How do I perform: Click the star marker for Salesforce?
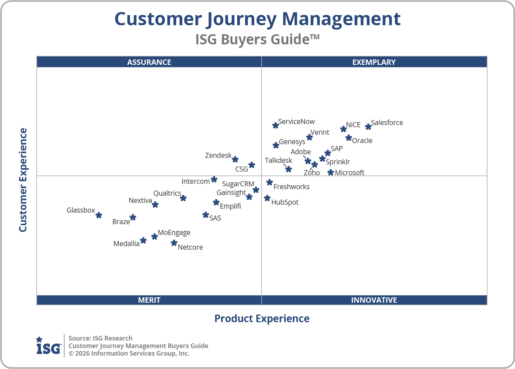tap(368, 127)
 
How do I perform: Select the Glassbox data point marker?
tap(99, 215)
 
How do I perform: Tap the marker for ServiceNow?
tap(276, 125)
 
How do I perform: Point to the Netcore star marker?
tap(174, 243)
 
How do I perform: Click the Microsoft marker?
tap(331, 173)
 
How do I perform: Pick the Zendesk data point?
tap(235, 159)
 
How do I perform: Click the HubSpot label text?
tap(285, 202)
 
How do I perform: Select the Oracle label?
tap(362, 141)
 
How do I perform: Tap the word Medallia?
tap(126, 244)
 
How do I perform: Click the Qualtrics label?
tap(167, 193)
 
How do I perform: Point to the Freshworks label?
tap(291, 187)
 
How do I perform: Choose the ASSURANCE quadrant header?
tap(149, 62)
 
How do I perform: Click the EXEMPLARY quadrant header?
tap(374, 62)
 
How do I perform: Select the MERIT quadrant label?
tap(149, 300)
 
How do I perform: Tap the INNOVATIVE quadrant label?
tap(374, 300)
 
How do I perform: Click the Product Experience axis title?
tap(262, 319)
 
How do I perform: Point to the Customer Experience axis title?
tap(23, 180)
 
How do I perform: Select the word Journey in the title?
tap(242, 19)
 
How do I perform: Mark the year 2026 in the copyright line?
tap(82, 354)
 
